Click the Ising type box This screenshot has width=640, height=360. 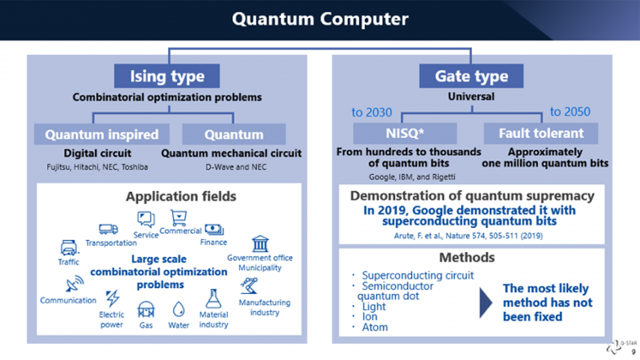click(167, 76)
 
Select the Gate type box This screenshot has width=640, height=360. click(471, 76)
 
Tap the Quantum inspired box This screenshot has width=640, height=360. click(102, 135)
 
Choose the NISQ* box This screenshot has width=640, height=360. click(405, 133)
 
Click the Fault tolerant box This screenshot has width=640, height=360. click(541, 133)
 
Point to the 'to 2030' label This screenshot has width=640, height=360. click(372, 112)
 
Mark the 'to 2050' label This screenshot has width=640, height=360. click(570, 111)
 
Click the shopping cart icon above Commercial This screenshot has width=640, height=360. click(179, 218)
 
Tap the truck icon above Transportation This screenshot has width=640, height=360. click(108, 230)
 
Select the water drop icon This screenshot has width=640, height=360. click(178, 309)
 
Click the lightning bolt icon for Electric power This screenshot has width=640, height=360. click(112, 298)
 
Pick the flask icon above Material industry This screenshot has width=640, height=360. click(213, 299)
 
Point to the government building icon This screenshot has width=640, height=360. click(260, 243)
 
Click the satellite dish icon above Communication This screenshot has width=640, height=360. click(75, 284)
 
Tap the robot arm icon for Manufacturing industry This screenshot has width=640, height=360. click(249, 285)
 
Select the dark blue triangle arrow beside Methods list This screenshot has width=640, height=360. click(485, 303)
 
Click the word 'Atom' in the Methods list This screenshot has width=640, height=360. click(374, 327)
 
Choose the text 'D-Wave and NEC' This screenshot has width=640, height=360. click(236, 167)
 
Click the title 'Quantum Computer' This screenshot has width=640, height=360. click(320, 19)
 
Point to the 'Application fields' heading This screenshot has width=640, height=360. click(181, 196)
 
